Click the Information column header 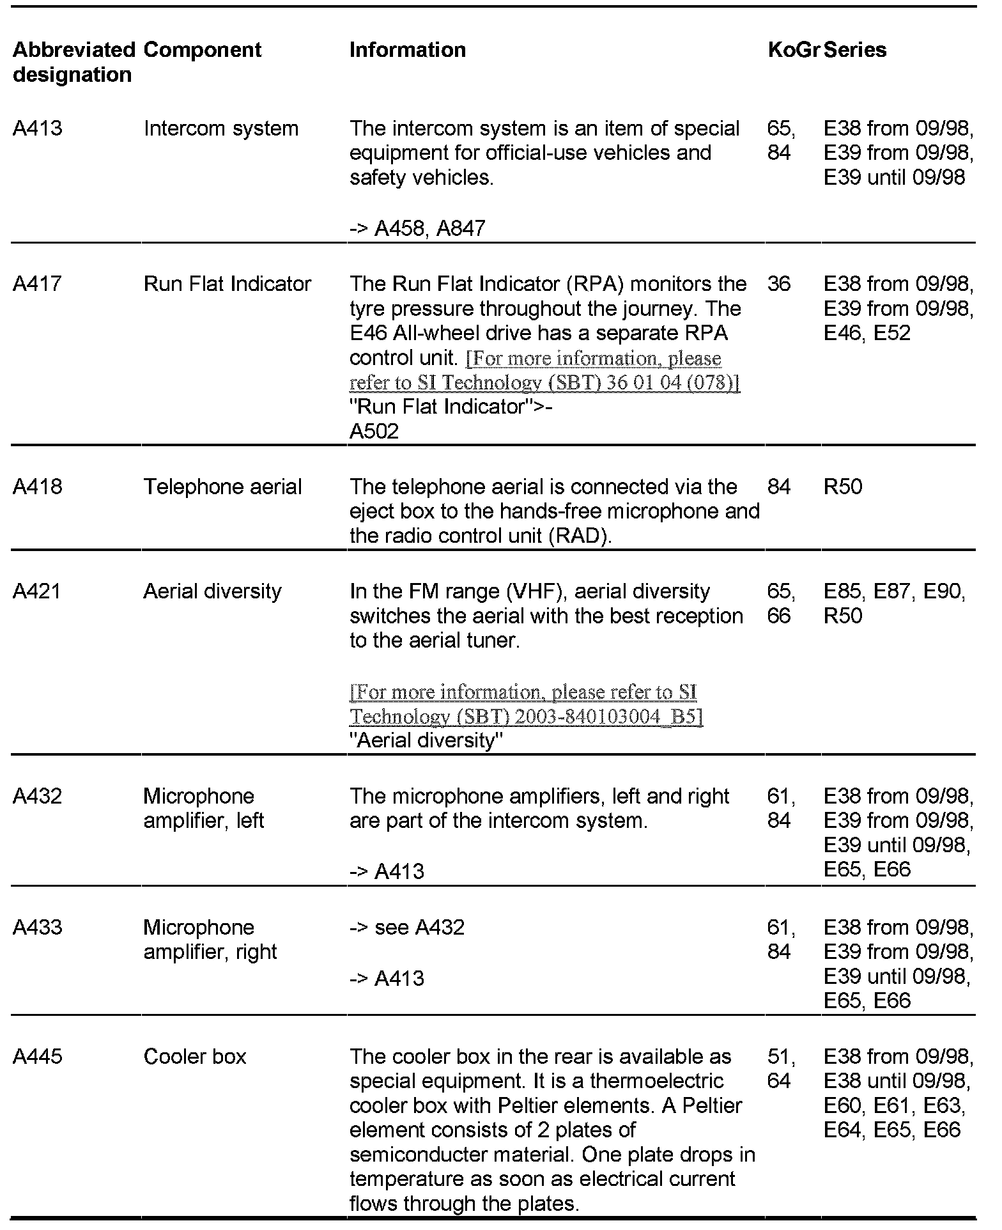point(407,50)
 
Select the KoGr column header point(793,50)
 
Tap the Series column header point(855,50)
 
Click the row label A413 point(38,128)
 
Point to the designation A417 point(38,284)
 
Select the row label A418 point(38,487)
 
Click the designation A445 point(38,1057)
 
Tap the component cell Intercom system point(221,128)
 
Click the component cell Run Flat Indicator point(227,284)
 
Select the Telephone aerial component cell point(222,487)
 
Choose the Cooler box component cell point(195,1057)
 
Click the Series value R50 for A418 point(843,487)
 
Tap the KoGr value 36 point(779,284)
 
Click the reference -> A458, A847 point(417,228)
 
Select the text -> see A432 point(407,928)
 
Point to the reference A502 point(374,432)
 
